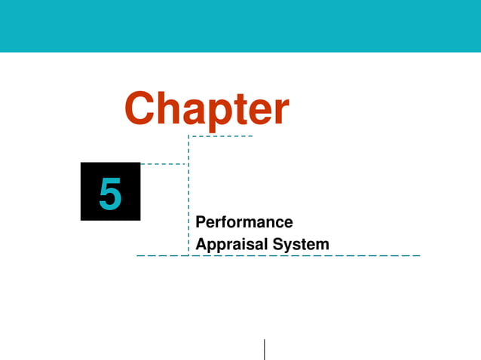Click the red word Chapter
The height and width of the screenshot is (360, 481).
tap(206, 110)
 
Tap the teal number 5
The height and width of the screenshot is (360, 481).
tap(110, 194)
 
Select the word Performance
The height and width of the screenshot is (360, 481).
tap(244, 222)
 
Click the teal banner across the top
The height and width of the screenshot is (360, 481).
tap(240, 26)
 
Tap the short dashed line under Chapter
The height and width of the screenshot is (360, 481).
tap(220, 136)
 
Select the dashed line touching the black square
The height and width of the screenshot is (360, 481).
tap(164, 163)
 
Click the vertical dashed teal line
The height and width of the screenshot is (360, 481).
tap(188, 196)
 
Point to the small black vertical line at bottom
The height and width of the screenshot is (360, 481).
tap(265, 349)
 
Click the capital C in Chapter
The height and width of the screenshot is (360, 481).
tap(140, 109)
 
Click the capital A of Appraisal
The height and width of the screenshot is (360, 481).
tap(201, 245)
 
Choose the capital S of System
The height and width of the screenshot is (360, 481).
tap(278, 245)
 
